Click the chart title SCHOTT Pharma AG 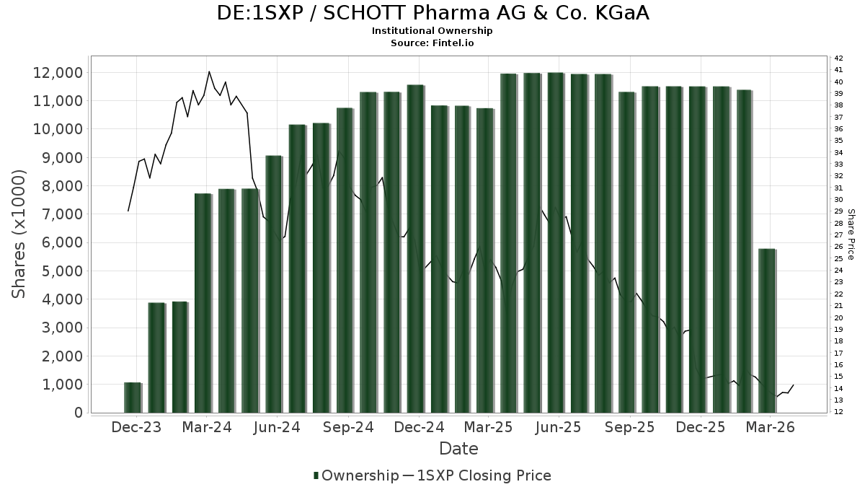point(432,13)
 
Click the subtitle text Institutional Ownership point(432,31)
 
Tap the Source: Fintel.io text point(432,43)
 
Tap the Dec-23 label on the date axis point(136,427)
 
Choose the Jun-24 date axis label point(278,427)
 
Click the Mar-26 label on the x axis point(770,427)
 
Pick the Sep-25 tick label point(629,427)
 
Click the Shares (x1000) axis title point(19,234)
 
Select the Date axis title point(458,449)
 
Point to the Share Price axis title point(851,234)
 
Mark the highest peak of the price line point(209,71)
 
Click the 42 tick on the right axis point(838,58)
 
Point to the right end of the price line point(794,385)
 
